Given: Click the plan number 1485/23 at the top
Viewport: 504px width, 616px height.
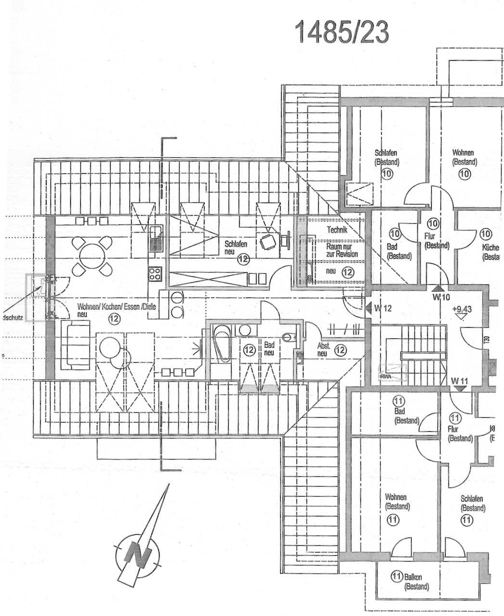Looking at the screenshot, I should click(x=342, y=32).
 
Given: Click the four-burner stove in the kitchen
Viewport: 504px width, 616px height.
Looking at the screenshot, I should click(x=155, y=274).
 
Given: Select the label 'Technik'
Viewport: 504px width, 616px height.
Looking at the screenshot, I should click(x=337, y=230).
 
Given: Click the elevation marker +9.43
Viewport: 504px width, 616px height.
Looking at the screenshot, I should click(x=462, y=310).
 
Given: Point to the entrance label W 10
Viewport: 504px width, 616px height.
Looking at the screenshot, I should click(x=440, y=297).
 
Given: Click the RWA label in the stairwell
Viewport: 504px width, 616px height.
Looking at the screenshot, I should click(x=386, y=376).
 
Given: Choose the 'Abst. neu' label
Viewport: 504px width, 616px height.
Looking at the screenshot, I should click(x=323, y=349).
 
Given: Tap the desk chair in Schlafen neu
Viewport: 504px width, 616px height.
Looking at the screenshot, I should click(x=266, y=243).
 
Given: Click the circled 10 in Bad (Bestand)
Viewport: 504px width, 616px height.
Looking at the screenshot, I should click(x=395, y=234).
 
